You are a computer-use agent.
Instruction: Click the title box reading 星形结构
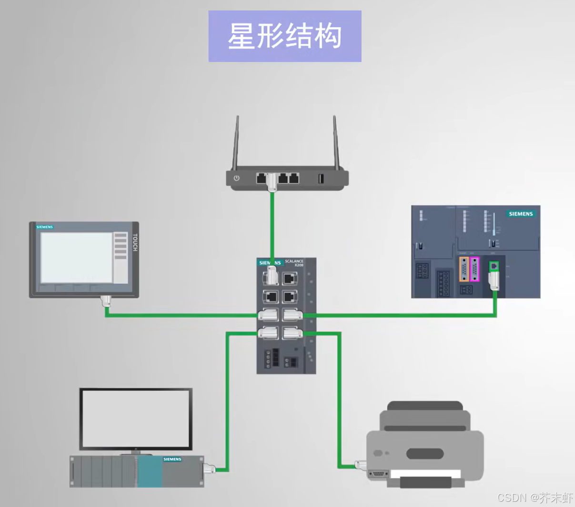coord(284,36)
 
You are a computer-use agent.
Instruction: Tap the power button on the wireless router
coord(237,179)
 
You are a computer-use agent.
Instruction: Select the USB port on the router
coord(321,179)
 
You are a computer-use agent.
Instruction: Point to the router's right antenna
coord(336,143)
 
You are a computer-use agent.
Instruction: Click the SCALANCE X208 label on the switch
coord(294,262)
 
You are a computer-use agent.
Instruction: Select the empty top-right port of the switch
coord(289,278)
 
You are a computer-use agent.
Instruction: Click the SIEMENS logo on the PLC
coord(520,214)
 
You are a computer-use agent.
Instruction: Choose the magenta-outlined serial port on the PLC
coord(474,269)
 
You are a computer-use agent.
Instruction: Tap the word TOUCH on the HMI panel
coord(135,242)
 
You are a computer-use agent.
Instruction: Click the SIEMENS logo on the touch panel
coord(45,227)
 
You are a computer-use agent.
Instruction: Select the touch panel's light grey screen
coord(76,257)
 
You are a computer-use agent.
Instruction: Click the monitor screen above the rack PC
coord(136,418)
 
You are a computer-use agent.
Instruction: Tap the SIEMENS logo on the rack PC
coord(172,459)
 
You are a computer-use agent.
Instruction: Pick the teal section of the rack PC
coord(150,472)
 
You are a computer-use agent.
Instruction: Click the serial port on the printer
coord(378,474)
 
